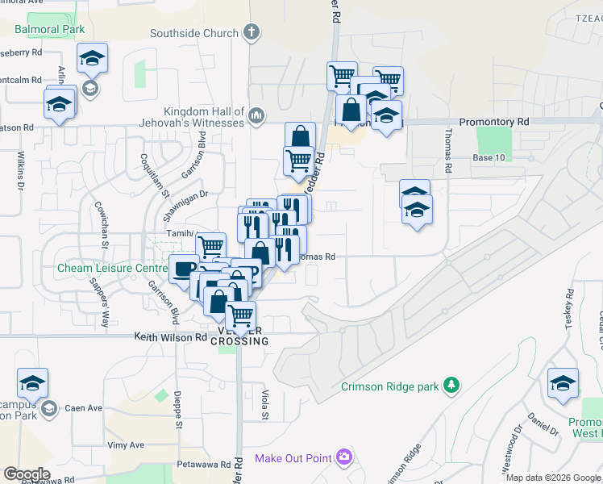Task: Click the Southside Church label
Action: tap(194, 33)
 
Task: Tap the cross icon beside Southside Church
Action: tap(252, 33)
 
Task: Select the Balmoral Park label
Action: tap(49, 29)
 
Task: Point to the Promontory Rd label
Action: tap(493, 122)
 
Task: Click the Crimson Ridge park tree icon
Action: tap(452, 386)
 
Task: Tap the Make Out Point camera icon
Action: tap(344, 458)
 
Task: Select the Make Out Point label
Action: tap(293, 458)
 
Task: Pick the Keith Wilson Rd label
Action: tap(170, 337)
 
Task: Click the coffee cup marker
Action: tap(185, 268)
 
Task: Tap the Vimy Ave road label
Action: tap(125, 444)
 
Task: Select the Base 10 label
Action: tap(489, 157)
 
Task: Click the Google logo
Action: tap(26, 474)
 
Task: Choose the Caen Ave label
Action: tap(84, 408)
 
